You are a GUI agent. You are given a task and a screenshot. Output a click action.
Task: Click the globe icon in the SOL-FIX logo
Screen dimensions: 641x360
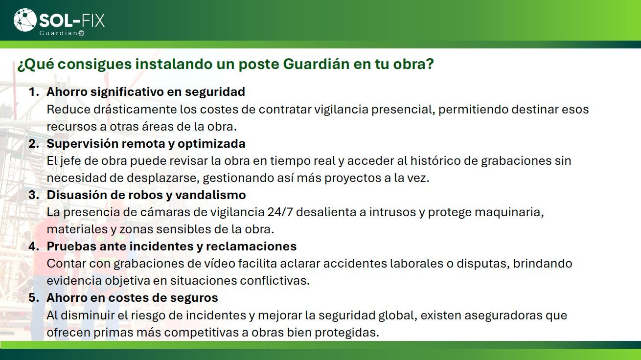tap(25, 20)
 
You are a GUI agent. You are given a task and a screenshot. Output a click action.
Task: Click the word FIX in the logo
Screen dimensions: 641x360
tap(93, 21)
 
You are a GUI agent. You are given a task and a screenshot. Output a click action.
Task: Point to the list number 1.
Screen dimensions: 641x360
tap(33, 92)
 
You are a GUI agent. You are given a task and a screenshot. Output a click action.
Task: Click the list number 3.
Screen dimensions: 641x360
tap(33, 195)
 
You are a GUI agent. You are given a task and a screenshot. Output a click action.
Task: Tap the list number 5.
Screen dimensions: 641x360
tap(33, 298)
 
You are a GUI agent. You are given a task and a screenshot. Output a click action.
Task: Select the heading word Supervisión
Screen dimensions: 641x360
tap(83, 144)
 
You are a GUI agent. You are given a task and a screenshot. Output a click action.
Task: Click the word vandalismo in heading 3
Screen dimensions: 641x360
tap(210, 195)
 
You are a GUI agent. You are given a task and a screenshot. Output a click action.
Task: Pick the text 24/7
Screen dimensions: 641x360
tap(280, 212)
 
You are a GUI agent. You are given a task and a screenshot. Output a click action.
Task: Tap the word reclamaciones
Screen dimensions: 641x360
tap(251, 247)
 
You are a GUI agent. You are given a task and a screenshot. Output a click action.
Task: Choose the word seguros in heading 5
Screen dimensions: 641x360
tap(194, 298)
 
